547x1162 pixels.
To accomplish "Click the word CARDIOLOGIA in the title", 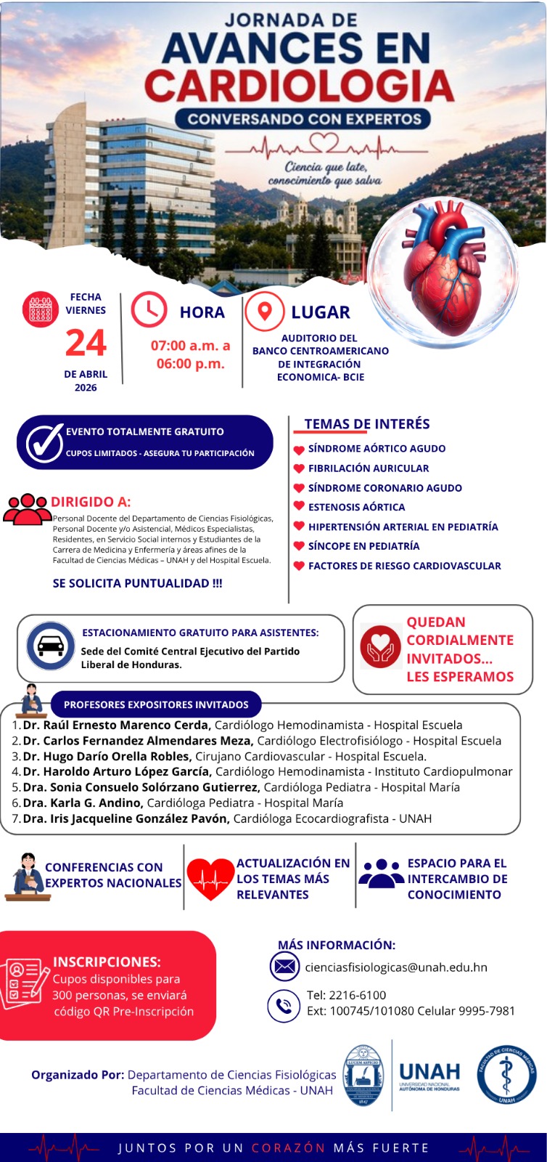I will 299,86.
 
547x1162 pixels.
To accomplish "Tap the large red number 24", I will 86,343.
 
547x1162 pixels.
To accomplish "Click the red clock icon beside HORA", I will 148,310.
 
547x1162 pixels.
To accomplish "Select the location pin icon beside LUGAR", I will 265,311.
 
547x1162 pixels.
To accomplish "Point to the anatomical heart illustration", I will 444,269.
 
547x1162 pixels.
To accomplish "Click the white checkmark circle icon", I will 44,442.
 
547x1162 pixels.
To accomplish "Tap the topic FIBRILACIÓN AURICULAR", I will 368,468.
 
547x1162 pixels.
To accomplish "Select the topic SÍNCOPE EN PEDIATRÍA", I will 363,546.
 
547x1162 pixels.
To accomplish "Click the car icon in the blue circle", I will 50,645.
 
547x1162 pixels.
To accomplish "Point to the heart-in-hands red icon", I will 380,646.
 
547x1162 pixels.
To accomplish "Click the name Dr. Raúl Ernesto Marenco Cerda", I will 116,725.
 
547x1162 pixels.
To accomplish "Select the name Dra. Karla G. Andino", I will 82,803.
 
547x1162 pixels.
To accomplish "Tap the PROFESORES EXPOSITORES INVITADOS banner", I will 156,704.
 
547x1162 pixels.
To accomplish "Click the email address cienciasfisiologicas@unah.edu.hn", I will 395,967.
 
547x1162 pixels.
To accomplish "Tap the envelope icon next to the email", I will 284,967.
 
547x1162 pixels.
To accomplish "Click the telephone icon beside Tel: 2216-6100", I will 283,1006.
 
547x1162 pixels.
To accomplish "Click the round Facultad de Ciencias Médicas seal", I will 506,1076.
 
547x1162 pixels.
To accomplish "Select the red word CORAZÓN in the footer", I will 288,1148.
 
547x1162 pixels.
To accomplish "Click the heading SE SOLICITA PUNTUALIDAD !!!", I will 137,583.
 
